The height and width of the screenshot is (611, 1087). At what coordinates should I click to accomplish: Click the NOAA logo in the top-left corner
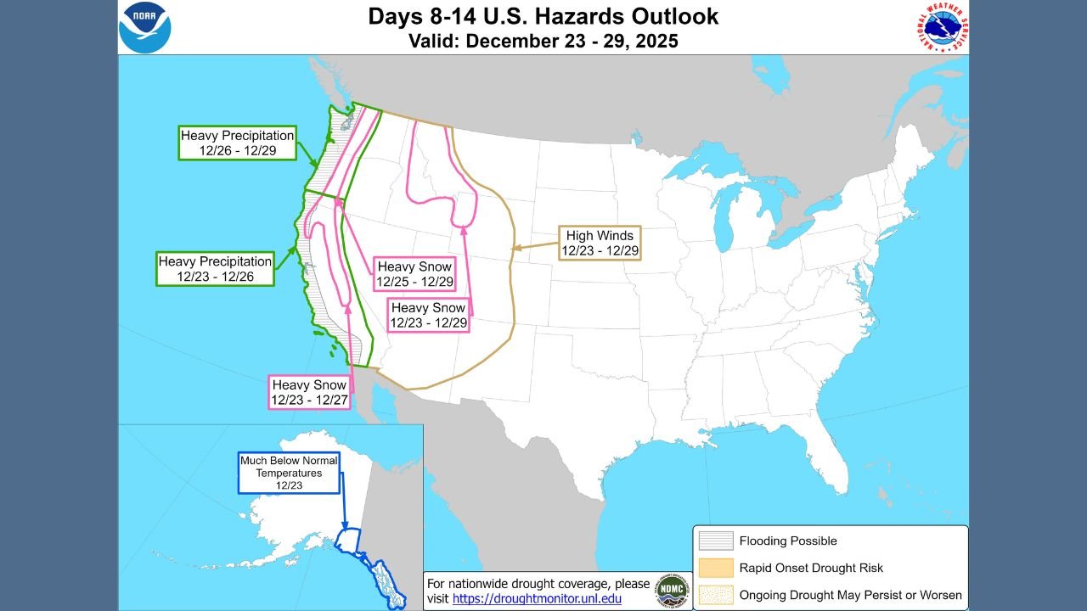tap(145, 27)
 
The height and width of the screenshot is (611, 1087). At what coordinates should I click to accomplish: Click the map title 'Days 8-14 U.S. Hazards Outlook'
tap(543, 16)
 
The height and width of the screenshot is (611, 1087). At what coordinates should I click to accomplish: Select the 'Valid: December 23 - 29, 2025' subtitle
tap(543, 41)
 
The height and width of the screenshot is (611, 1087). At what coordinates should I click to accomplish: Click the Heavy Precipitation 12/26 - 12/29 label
tap(237, 143)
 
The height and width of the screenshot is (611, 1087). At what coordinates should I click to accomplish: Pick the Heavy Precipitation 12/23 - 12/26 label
tap(215, 269)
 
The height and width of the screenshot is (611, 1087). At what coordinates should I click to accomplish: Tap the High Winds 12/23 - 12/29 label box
tap(600, 243)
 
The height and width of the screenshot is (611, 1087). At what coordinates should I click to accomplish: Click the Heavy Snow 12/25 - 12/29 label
tap(414, 274)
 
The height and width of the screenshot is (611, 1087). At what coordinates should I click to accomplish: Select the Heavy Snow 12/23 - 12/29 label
tap(428, 315)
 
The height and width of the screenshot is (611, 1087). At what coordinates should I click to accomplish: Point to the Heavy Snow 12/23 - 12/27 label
tap(309, 392)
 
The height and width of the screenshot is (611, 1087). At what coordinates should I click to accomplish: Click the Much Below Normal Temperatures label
tap(289, 473)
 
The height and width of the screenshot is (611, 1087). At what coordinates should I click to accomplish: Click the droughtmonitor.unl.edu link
tap(537, 598)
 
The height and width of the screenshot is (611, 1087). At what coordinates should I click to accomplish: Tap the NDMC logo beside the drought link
tap(672, 591)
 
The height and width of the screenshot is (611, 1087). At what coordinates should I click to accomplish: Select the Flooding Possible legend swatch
tap(715, 541)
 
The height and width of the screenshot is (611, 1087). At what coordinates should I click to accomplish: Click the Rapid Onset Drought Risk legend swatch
tap(715, 568)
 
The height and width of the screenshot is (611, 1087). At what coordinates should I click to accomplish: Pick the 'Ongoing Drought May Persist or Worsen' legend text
tap(850, 595)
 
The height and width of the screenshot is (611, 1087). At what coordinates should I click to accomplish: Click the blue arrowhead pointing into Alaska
tap(346, 527)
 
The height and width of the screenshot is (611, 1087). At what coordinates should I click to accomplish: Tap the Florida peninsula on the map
tap(828, 458)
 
